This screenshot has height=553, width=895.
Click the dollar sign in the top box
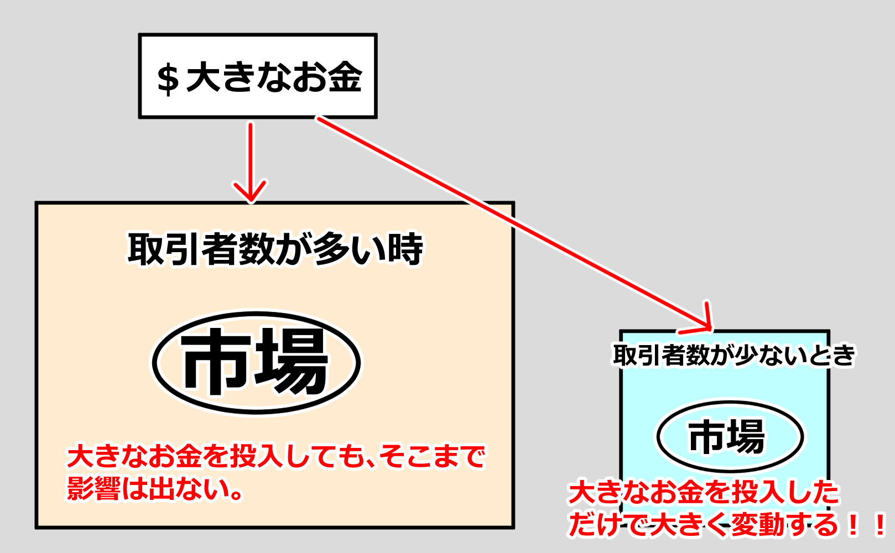click(168, 79)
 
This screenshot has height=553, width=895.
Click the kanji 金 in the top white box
click(344, 77)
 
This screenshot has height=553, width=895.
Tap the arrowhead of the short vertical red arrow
click(251, 194)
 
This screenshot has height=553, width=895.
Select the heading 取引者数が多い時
click(275, 249)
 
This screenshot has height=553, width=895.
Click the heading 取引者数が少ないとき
click(734, 355)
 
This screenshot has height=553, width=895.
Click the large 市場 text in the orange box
click(256, 362)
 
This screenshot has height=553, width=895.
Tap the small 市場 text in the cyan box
click(727, 436)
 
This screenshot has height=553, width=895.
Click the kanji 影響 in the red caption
click(93, 489)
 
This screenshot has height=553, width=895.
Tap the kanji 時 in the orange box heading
click(405, 249)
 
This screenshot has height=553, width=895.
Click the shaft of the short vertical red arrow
click(251, 155)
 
